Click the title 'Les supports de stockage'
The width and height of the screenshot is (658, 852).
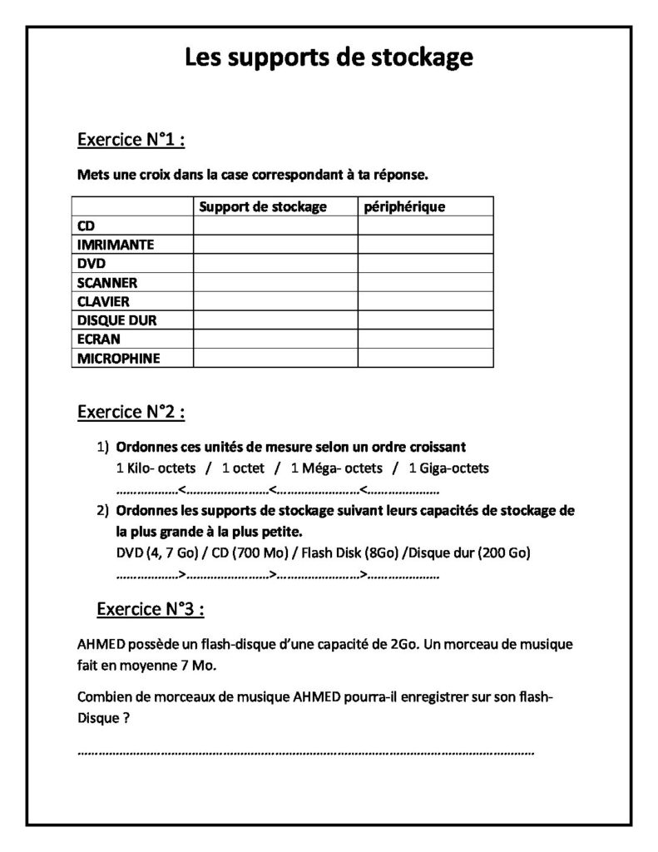point(329,57)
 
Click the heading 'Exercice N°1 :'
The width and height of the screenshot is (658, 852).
point(130,140)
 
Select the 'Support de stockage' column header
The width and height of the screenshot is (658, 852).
point(264,206)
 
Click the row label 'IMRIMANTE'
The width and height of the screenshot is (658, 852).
point(116,245)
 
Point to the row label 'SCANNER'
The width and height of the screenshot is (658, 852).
point(107,283)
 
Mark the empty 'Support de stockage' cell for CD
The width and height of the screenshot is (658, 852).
point(275,225)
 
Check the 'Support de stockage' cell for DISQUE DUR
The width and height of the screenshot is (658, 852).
point(275,320)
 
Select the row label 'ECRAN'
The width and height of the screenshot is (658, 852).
point(99,339)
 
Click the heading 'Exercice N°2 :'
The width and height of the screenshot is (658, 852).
point(131,411)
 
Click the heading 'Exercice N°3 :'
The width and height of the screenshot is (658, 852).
point(151,608)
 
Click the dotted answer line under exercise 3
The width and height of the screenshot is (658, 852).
point(305,752)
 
